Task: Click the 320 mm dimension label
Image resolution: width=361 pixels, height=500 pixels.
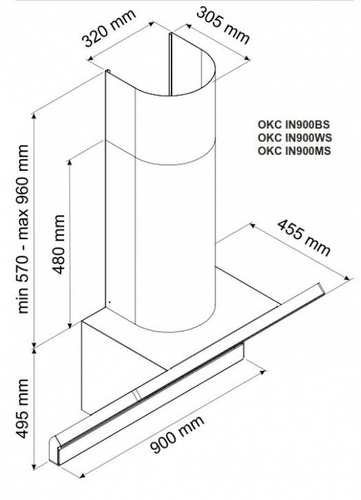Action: click(x=109, y=28)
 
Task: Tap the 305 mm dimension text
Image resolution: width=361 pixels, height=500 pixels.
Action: click(x=223, y=25)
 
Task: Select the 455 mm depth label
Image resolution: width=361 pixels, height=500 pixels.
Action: click(x=304, y=237)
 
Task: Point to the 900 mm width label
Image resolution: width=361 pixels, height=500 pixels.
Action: click(x=177, y=434)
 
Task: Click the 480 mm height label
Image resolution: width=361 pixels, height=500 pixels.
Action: click(x=59, y=244)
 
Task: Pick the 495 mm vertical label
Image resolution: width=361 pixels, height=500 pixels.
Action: click(x=22, y=408)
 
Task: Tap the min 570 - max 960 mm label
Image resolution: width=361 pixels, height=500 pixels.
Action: click(x=22, y=229)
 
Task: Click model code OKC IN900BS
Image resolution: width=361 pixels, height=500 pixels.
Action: click(x=294, y=124)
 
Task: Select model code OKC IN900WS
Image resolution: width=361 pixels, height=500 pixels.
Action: click(x=294, y=137)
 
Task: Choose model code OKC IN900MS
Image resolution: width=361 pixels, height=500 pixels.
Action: click(x=294, y=150)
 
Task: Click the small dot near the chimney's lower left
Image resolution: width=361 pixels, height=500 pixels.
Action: click(x=109, y=302)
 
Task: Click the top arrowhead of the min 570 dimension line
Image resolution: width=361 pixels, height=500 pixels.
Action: click(x=35, y=117)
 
